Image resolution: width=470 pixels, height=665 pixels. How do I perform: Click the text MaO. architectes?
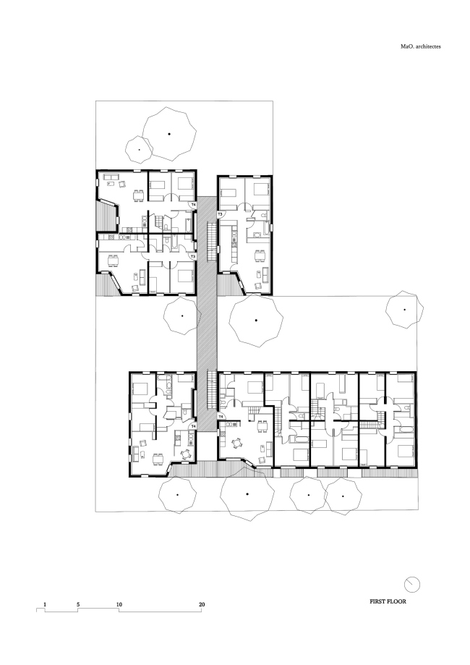[x=421, y=46]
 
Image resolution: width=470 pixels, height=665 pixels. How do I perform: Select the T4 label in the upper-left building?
[x=193, y=206]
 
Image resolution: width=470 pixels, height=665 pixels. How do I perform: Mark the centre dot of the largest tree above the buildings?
[x=169, y=133]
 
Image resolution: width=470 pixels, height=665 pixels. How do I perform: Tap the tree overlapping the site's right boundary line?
[x=404, y=310]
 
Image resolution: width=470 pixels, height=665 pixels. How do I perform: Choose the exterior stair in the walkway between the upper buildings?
[x=212, y=235]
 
